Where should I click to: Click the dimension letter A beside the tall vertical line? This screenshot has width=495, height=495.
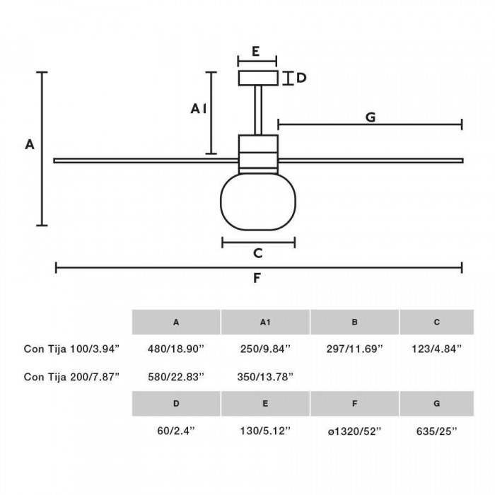[29, 144]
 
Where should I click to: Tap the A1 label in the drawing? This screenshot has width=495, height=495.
[199, 108]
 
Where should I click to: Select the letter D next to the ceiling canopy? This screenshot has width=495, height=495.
[301, 78]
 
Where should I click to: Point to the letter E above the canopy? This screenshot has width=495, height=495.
[256, 51]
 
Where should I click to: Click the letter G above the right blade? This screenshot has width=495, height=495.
[370, 117]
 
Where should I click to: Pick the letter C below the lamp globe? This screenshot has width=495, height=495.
[258, 252]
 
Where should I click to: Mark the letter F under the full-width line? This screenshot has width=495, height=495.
[258, 278]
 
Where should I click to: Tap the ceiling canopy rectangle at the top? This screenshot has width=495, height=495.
[258, 78]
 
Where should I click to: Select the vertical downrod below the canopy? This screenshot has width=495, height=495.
[258, 110]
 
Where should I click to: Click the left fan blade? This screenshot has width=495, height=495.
[141, 161]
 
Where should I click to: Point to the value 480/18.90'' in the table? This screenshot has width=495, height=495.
[176, 348]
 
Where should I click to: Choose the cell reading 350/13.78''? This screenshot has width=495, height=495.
[265, 375]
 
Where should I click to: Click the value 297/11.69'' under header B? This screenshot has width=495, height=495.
[354, 348]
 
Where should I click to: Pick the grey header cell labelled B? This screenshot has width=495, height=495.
[354, 322]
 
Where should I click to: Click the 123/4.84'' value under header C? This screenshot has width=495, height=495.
[437, 348]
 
